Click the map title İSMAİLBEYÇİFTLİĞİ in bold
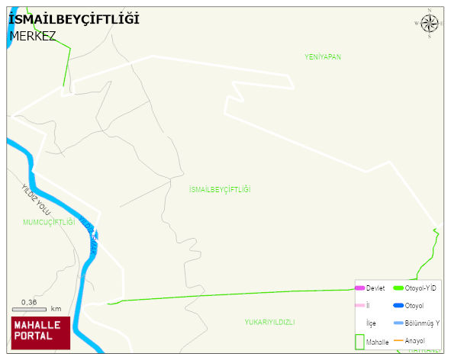point(74,19)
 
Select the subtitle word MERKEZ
point(33,36)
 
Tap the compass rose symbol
point(430,24)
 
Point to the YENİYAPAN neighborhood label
point(322,57)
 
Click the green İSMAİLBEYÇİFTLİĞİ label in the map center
point(220,189)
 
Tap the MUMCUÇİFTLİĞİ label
point(49,222)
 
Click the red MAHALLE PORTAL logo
point(40,333)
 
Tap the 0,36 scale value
point(30,301)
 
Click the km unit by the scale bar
point(56,309)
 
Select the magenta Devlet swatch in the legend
point(360,288)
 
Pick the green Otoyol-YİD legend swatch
point(398,288)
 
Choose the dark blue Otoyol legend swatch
point(398,306)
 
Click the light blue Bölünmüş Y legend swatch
point(398,323)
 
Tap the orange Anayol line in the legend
point(398,340)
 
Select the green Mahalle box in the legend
point(360,342)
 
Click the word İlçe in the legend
point(372,323)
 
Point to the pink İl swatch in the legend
point(360,306)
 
